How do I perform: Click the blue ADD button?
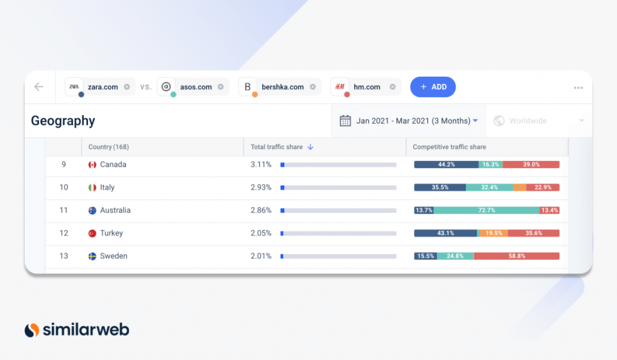tap(433, 87)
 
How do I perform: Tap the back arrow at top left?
tap(39, 87)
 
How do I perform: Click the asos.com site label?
tap(196, 87)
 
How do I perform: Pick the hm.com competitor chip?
tap(366, 87)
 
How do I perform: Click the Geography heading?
tap(63, 121)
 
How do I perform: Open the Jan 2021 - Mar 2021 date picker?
tap(409, 121)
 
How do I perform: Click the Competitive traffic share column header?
tap(449, 147)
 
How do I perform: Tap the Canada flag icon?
tap(92, 165)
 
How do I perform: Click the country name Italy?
tap(107, 188)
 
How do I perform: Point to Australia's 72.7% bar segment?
tap(486, 210)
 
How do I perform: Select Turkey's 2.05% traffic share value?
tap(261, 233)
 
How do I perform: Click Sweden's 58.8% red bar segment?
tap(516, 256)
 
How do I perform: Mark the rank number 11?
tap(63, 210)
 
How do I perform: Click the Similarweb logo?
tap(77, 330)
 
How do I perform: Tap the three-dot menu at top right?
tap(578, 87)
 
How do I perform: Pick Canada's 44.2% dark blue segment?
tap(446, 165)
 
